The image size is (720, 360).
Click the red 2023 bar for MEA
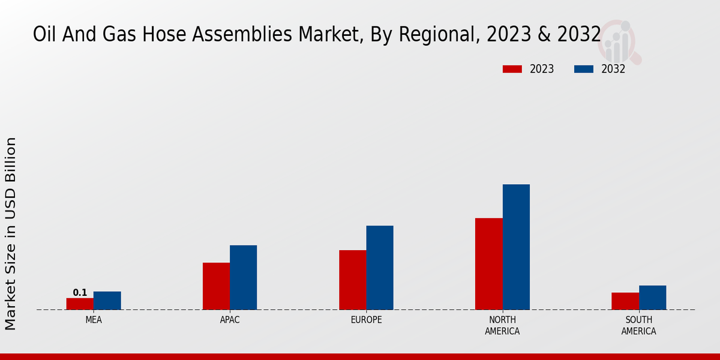tap(80, 304)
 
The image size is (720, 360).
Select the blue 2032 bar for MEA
tap(107, 301)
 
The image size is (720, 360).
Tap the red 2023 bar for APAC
tap(216, 286)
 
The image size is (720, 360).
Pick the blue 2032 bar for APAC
tap(243, 277)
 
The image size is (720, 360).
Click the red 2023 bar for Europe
tap(352, 280)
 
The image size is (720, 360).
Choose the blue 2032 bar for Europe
tap(380, 268)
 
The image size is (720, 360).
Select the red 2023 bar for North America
tap(488, 264)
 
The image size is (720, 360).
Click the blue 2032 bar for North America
tap(516, 247)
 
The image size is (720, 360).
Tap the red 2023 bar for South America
tap(625, 301)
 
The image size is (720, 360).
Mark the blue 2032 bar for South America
tap(652, 298)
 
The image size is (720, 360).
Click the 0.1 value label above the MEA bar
tap(80, 293)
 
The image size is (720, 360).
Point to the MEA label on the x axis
tap(94, 320)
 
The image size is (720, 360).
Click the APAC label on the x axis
tap(230, 320)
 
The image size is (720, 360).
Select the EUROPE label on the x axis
tap(366, 320)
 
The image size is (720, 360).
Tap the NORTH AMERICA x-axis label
tap(502, 325)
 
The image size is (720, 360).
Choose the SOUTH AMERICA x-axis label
tap(638, 325)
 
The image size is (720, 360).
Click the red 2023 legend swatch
tap(512, 69)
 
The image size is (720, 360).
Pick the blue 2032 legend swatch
tap(583, 69)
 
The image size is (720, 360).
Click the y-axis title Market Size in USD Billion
tap(11, 234)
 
